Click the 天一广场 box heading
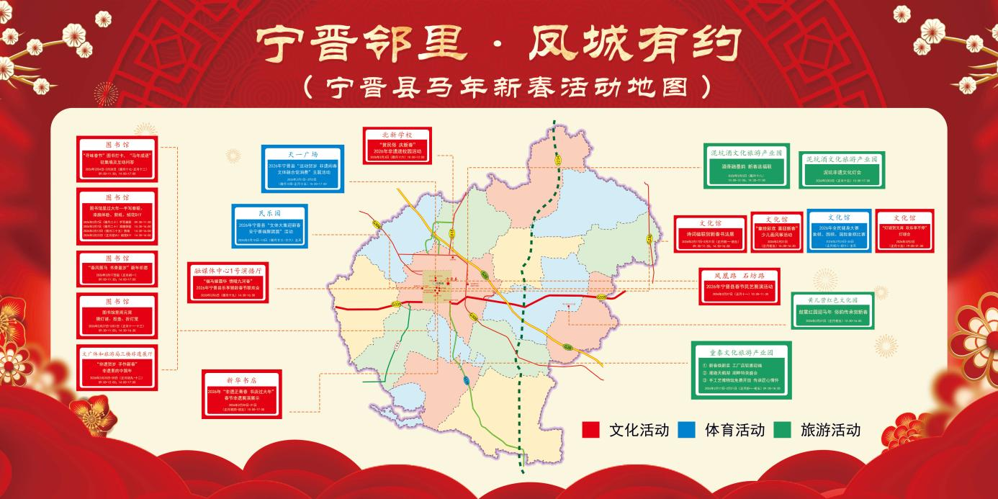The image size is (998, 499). [x=302, y=154]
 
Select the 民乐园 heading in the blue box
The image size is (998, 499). [x=270, y=214]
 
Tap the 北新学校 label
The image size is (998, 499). [x=397, y=135]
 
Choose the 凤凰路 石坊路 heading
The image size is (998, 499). [x=739, y=275]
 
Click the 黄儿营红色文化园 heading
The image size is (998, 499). [x=832, y=299]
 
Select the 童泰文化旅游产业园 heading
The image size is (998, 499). [x=741, y=353]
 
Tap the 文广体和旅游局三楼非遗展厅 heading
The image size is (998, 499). [x=117, y=354]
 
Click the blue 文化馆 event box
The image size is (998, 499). [x=839, y=230]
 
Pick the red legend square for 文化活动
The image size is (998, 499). [x=590, y=430]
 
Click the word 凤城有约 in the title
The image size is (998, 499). [x=634, y=45]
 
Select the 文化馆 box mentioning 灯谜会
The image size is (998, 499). [x=904, y=230]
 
